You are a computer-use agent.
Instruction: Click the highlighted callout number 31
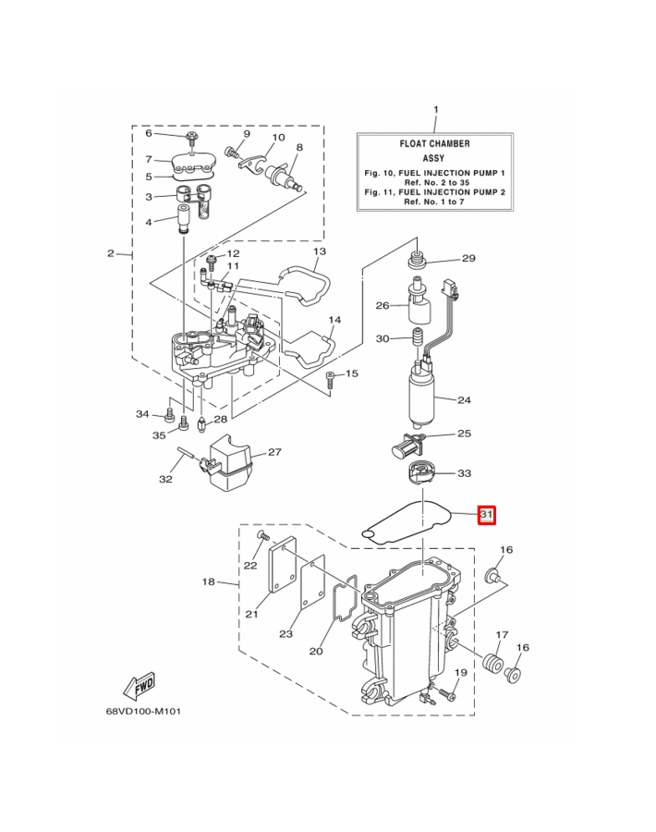486,515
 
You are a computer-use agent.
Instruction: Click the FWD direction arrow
140,686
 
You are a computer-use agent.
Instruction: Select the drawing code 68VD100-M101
144,711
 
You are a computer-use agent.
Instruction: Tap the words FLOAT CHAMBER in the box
434,144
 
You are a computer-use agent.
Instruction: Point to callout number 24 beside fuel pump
464,400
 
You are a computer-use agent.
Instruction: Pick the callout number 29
468,259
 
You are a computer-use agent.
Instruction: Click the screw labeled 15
330,378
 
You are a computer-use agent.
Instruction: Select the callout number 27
274,452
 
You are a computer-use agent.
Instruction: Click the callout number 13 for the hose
320,251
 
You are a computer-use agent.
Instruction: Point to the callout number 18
209,581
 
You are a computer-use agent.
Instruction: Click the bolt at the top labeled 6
191,138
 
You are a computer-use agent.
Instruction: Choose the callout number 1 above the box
436,110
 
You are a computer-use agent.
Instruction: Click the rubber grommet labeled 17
492,664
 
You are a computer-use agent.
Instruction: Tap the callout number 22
250,566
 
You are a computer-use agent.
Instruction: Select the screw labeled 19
448,693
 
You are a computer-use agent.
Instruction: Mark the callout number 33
464,473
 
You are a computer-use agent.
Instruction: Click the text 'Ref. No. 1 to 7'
434,202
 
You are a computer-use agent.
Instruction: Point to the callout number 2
110,253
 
